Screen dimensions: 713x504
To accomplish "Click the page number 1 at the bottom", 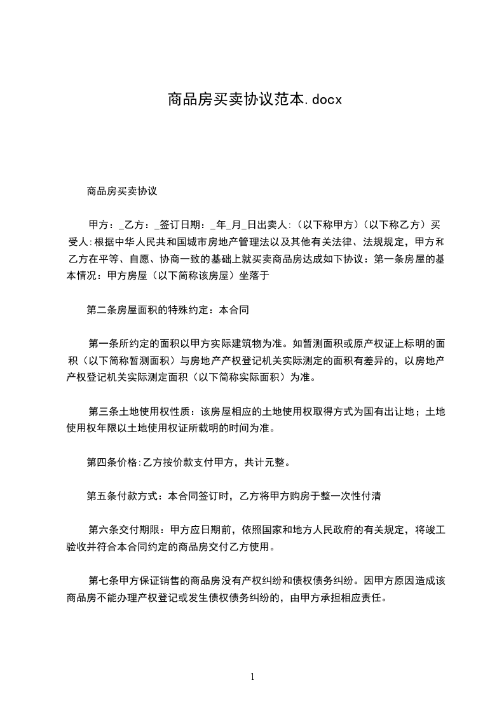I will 252,677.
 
